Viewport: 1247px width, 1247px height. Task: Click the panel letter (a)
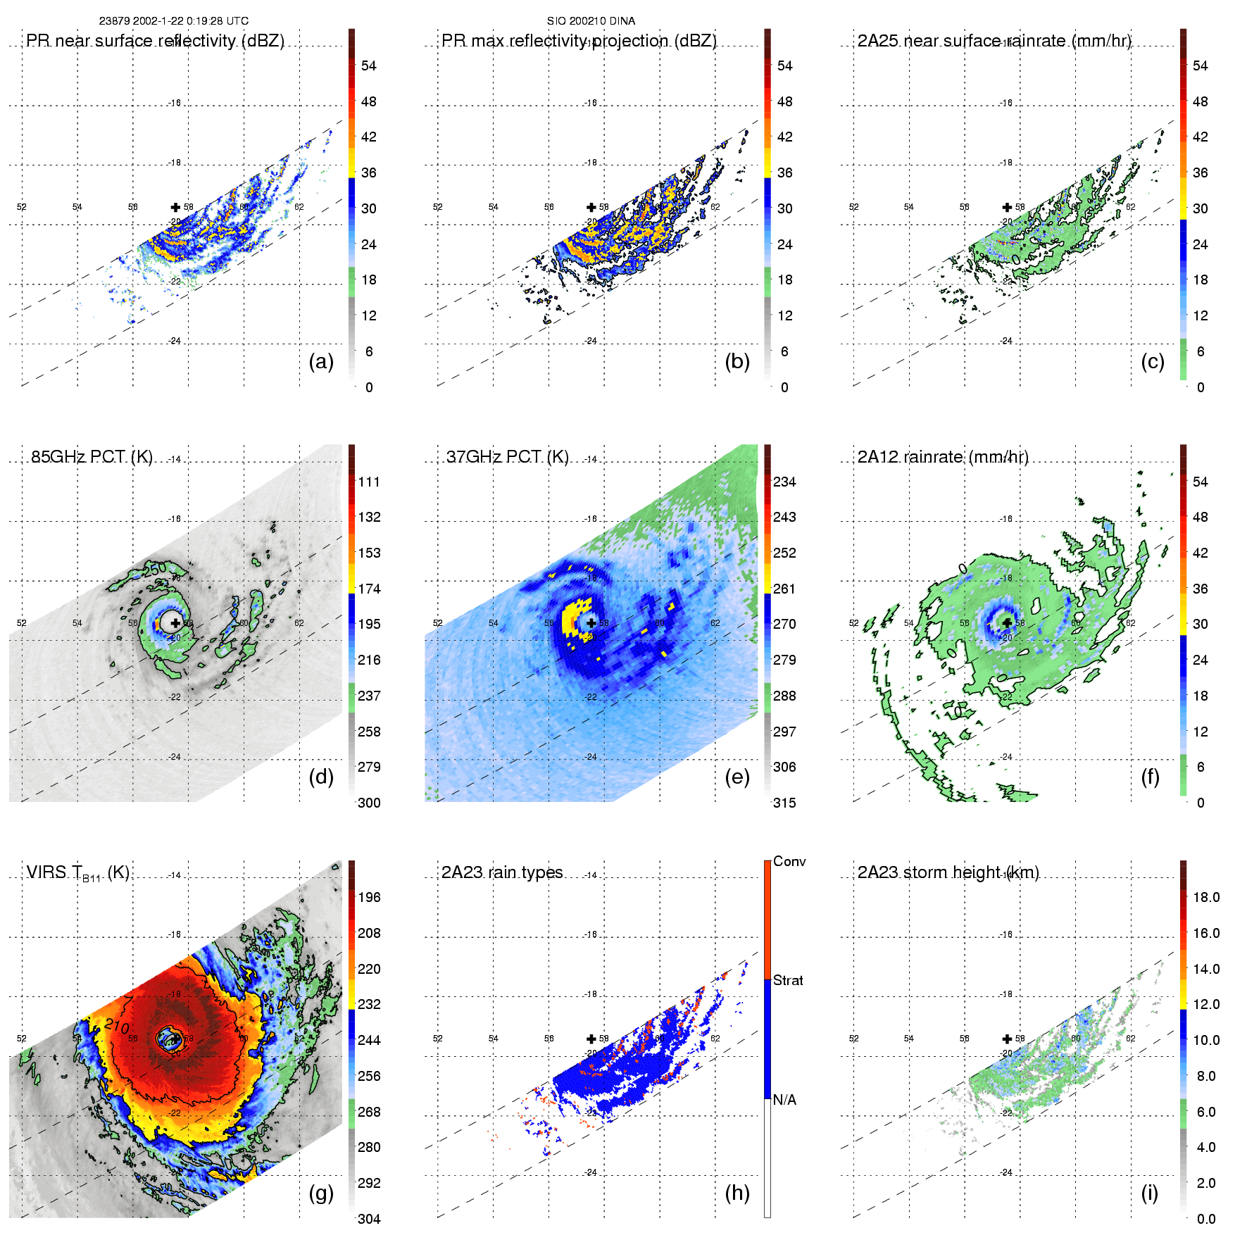321,362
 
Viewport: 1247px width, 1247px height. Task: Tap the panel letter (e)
737,777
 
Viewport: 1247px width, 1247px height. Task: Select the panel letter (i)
1149,1193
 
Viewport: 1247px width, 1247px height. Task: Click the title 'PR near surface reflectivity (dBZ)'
156,41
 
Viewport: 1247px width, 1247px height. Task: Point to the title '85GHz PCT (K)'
92,456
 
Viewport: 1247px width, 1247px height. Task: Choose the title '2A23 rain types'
502,872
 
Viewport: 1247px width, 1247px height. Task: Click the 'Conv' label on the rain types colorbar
789,861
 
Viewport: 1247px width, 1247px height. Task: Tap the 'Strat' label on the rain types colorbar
788,980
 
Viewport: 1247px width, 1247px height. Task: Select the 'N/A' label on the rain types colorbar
784,1100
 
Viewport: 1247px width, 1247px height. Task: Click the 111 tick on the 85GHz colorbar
369,482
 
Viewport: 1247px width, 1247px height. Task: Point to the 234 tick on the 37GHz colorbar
784,482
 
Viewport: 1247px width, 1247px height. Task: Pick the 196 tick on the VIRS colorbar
369,897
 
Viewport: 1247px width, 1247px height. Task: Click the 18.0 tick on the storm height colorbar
1206,897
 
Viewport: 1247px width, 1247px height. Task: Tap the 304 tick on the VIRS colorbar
369,1219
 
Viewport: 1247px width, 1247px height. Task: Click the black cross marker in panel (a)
175,207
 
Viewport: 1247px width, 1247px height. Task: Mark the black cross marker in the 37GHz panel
591,622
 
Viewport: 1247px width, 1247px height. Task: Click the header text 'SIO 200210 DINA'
591,21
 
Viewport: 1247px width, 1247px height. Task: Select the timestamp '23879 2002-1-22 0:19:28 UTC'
173,21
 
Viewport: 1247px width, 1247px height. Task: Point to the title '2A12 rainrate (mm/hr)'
943,456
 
